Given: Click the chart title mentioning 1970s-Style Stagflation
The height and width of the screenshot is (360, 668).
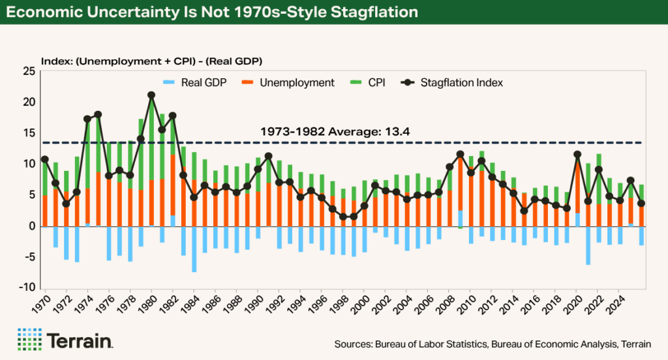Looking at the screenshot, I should click(x=222, y=13).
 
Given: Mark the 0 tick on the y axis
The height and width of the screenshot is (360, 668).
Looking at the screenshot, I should click(x=29, y=226).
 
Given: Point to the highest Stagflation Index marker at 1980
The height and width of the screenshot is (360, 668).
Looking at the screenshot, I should click(x=151, y=95).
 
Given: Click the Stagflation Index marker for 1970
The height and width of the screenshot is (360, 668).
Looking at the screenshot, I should click(x=45, y=159).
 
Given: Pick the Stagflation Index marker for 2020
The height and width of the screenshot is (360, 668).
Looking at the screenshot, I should click(x=577, y=155).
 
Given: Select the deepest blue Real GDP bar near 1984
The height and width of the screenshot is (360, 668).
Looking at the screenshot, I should click(x=194, y=249).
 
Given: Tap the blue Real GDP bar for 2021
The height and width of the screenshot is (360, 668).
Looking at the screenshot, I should click(x=588, y=245).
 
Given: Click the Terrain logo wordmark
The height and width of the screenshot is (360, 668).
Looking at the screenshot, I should click(x=80, y=340).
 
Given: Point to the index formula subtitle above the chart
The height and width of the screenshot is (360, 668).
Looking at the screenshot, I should click(x=151, y=61).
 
